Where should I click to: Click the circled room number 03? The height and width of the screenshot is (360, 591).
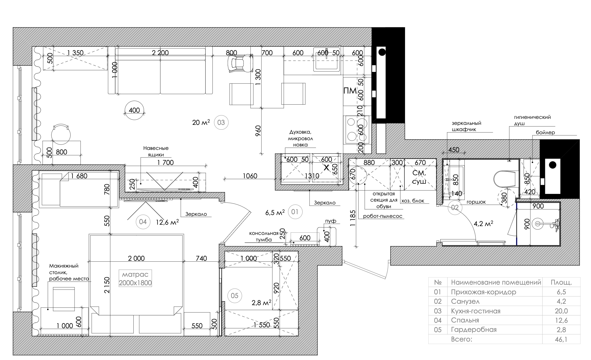[x=221, y=123]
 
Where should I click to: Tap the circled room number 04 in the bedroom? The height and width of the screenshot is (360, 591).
[x=143, y=222]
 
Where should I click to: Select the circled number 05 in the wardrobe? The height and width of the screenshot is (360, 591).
[x=234, y=296]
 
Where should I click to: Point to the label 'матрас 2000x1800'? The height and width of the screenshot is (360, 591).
[x=135, y=279]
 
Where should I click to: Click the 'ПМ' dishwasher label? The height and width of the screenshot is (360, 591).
[x=350, y=91]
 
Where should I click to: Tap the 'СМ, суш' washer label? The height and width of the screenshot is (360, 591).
[x=419, y=177]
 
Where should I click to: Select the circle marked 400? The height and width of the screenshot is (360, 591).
[x=134, y=110]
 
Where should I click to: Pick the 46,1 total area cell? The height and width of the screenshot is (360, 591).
[x=561, y=339]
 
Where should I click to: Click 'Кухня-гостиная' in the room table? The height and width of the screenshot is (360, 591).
[x=476, y=311]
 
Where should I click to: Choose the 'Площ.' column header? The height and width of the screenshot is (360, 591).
[x=561, y=282]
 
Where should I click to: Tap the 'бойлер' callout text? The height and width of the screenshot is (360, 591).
[x=545, y=133]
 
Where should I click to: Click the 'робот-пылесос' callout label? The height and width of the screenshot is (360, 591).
[x=383, y=216]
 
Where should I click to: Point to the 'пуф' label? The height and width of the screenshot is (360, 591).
[x=330, y=221]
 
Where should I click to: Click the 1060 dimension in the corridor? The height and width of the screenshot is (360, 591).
[x=250, y=176]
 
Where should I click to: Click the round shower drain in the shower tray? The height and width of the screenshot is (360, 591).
[x=538, y=224]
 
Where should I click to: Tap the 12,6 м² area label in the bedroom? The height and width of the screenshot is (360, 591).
[x=167, y=222]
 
